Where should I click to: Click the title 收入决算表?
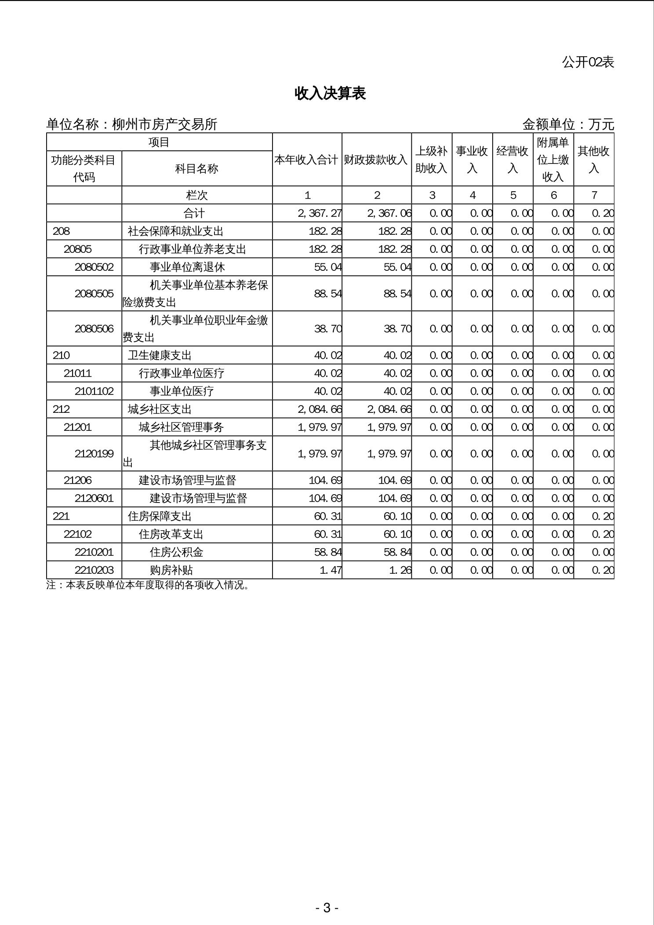pyautogui.click(x=330, y=93)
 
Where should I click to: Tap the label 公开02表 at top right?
pyautogui.click(x=588, y=62)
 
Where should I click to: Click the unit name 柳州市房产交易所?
pyautogui.click(x=164, y=124)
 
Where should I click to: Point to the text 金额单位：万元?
pyautogui.click(x=568, y=124)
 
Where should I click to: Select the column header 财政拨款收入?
pyautogui.click(x=376, y=160)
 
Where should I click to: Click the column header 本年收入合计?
pyautogui.click(x=307, y=160)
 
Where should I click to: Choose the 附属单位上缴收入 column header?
pyautogui.click(x=553, y=160)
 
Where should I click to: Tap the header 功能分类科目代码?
pyautogui.click(x=84, y=168)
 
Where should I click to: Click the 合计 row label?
pyautogui.click(x=194, y=213)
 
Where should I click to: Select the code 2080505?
pyautogui.click(x=94, y=293)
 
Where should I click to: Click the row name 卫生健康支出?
pyautogui.click(x=160, y=355)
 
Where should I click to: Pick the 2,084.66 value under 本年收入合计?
pyautogui.click(x=320, y=409)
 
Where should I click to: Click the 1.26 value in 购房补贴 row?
pyautogui.click(x=400, y=570)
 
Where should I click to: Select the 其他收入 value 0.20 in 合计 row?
pyautogui.click(x=602, y=213)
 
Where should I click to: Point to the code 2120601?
pyautogui.click(x=94, y=498)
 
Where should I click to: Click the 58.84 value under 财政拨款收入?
pyautogui.click(x=397, y=552)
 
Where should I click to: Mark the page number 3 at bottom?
pyautogui.click(x=327, y=907)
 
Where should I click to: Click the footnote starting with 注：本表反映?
pyautogui.click(x=149, y=585)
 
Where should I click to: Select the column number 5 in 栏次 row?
pyautogui.click(x=513, y=195)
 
